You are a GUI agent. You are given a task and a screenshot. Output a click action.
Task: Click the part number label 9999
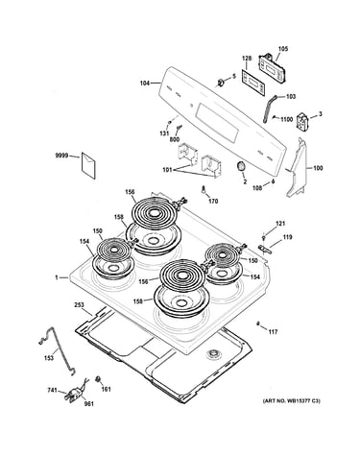pyautogui.click(x=61, y=156)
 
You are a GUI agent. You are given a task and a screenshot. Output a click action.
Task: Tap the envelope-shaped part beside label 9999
pyautogui.click(x=88, y=165)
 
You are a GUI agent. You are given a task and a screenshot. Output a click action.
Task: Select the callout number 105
pyautogui.click(x=283, y=49)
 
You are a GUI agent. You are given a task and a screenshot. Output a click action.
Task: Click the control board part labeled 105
pyautogui.click(x=273, y=69)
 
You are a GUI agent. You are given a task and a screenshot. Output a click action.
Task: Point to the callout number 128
pyautogui.click(x=247, y=59)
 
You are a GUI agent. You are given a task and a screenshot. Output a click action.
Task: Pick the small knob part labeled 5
pyautogui.click(x=221, y=83)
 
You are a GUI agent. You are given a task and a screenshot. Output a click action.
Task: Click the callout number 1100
pyautogui.click(x=286, y=119)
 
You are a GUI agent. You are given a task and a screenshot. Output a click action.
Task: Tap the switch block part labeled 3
pyautogui.click(x=301, y=122)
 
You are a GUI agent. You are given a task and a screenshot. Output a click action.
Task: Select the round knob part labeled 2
pyautogui.click(x=241, y=167)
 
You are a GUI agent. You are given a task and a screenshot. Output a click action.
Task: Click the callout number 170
pyautogui.click(x=213, y=201)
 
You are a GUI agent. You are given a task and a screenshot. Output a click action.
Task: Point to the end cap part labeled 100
pyautogui.click(x=297, y=167)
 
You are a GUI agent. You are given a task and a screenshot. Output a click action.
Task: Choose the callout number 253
pyautogui.click(x=79, y=304)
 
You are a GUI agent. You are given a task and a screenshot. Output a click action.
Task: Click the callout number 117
pyautogui.click(x=273, y=332)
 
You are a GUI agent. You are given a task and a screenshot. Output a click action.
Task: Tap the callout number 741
pyautogui.click(x=53, y=390)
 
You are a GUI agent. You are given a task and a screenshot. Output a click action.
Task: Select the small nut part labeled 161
pyautogui.click(x=97, y=379)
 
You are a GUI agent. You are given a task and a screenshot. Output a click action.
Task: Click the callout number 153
pyautogui.click(x=49, y=358)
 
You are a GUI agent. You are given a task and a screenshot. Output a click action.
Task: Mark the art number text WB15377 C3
pyautogui.click(x=303, y=400)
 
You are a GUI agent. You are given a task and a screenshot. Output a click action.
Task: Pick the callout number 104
pyautogui.click(x=145, y=84)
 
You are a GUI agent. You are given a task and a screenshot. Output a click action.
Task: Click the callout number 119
pyautogui.click(x=287, y=237)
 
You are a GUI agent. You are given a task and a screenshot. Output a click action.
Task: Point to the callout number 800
pyautogui.click(x=175, y=139)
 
